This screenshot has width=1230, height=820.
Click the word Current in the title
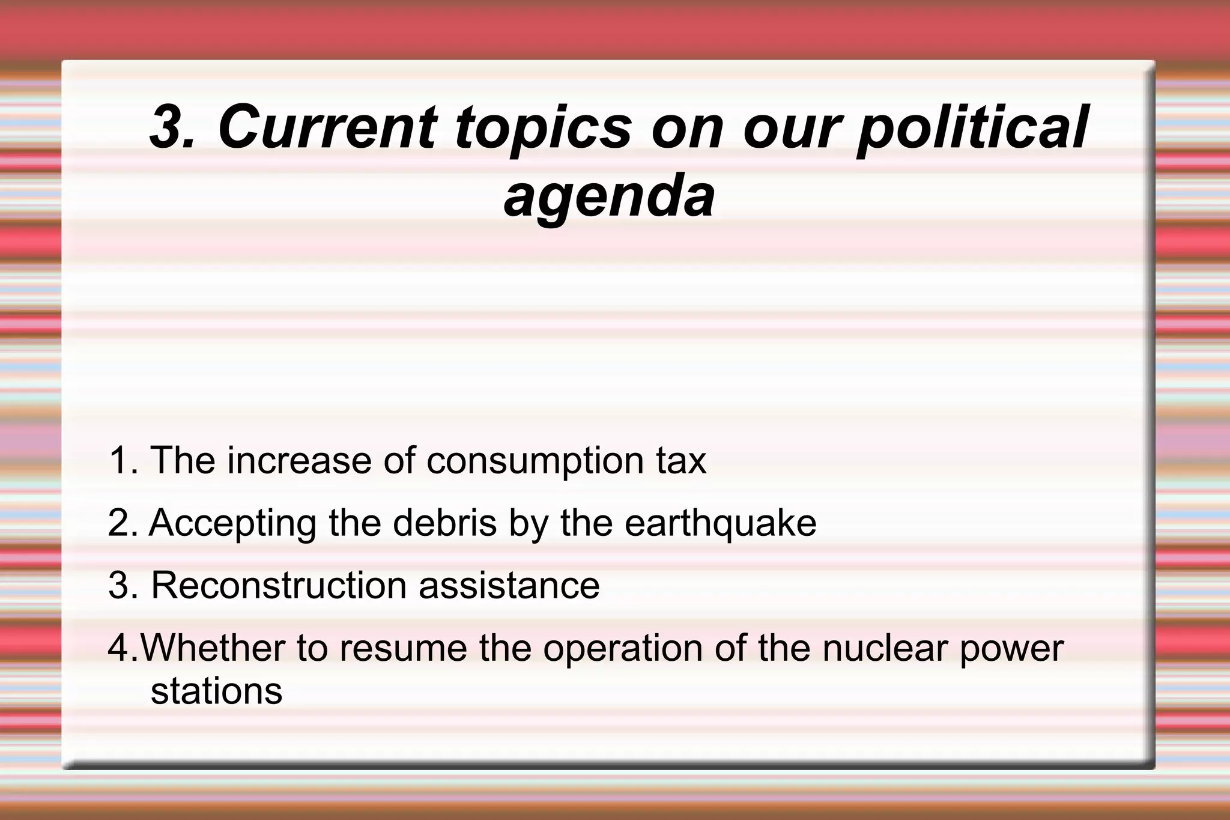coord(327,127)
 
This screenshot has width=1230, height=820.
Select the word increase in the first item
coord(299,461)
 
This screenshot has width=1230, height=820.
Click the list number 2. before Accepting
coord(124,523)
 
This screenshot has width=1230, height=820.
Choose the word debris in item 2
coord(445,523)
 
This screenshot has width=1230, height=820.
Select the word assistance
coord(509,586)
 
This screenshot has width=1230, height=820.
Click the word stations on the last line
coord(216,691)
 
